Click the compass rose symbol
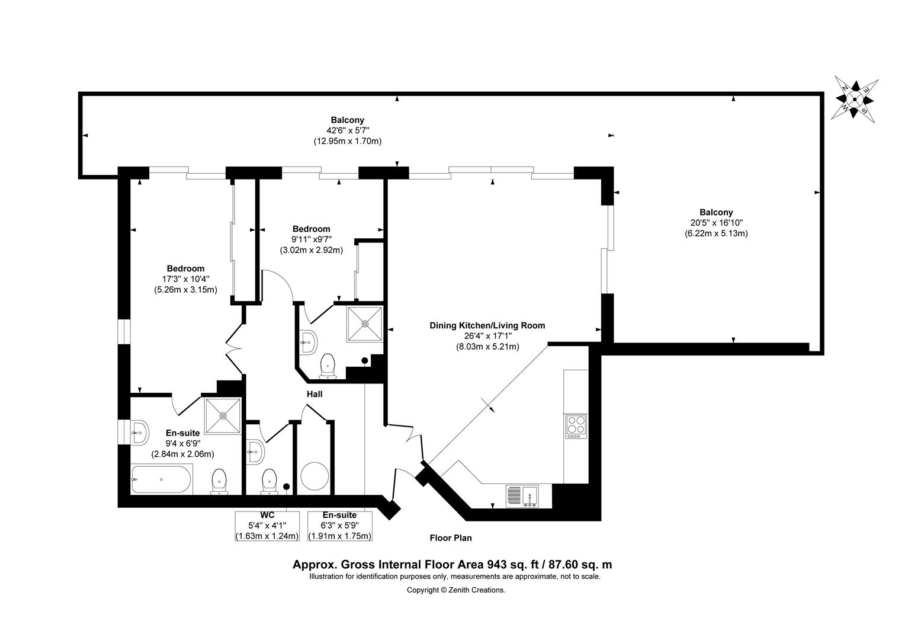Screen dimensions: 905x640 (855, 100)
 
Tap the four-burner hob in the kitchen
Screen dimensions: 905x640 (576, 427)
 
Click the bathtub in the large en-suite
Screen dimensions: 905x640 (161, 479)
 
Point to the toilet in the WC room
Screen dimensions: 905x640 (269, 482)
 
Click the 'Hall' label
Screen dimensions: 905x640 (314, 394)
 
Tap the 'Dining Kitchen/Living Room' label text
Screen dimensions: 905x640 (487, 325)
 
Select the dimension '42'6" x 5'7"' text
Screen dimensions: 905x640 (348, 130)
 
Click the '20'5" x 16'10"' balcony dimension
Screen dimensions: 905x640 (716, 223)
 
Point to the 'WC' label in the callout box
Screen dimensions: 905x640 (268, 515)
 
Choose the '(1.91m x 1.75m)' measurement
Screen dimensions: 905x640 (339, 536)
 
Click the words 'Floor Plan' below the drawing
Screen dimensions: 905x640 (451, 538)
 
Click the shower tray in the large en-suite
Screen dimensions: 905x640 (223, 415)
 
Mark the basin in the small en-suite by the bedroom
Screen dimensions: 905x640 (309, 343)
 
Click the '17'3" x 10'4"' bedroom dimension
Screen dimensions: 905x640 (185, 279)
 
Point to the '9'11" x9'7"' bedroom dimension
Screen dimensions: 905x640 (312, 239)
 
